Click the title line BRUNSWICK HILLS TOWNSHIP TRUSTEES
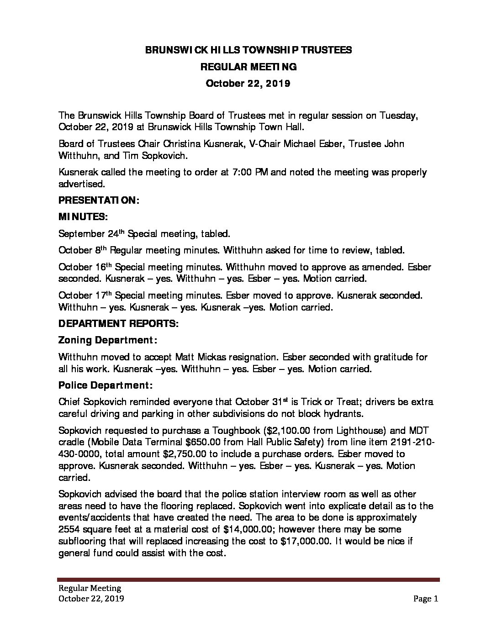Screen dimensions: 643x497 point(248,50)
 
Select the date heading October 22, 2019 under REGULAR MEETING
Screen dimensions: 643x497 point(248,84)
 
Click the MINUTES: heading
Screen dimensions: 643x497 point(83,217)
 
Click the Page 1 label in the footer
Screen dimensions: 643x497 point(425,599)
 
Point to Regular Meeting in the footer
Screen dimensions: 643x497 point(89,588)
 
